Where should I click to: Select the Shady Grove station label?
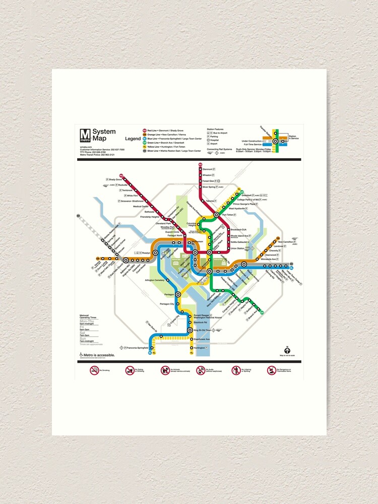[115, 179]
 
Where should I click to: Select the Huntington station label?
[200, 348]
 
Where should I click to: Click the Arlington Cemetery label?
[155, 280]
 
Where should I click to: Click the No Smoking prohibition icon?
[94, 370]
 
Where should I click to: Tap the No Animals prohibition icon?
[165, 370]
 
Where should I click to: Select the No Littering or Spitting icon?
[236, 370]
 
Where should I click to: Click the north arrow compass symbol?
[287, 350]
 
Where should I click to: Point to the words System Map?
[104, 135]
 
